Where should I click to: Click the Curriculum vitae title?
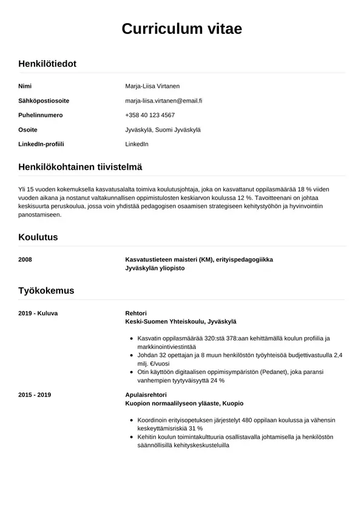point(182,28)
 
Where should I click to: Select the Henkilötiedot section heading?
point(47,64)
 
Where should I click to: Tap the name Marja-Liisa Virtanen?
point(152,86)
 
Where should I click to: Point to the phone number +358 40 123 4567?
point(150,115)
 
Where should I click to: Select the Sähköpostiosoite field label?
point(44,101)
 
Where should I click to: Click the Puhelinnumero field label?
point(41,115)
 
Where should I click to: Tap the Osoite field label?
point(28,130)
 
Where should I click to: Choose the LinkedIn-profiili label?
point(41,144)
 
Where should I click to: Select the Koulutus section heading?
point(38,237)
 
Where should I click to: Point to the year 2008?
point(25,259)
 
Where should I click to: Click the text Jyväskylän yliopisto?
point(155,268)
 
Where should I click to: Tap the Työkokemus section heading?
point(46,290)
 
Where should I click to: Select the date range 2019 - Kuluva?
point(38,313)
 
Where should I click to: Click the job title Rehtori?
point(135,313)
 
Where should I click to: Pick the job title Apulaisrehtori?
point(146,395)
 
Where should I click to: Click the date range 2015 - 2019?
point(35,395)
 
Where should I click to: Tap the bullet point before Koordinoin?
point(132,419)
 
